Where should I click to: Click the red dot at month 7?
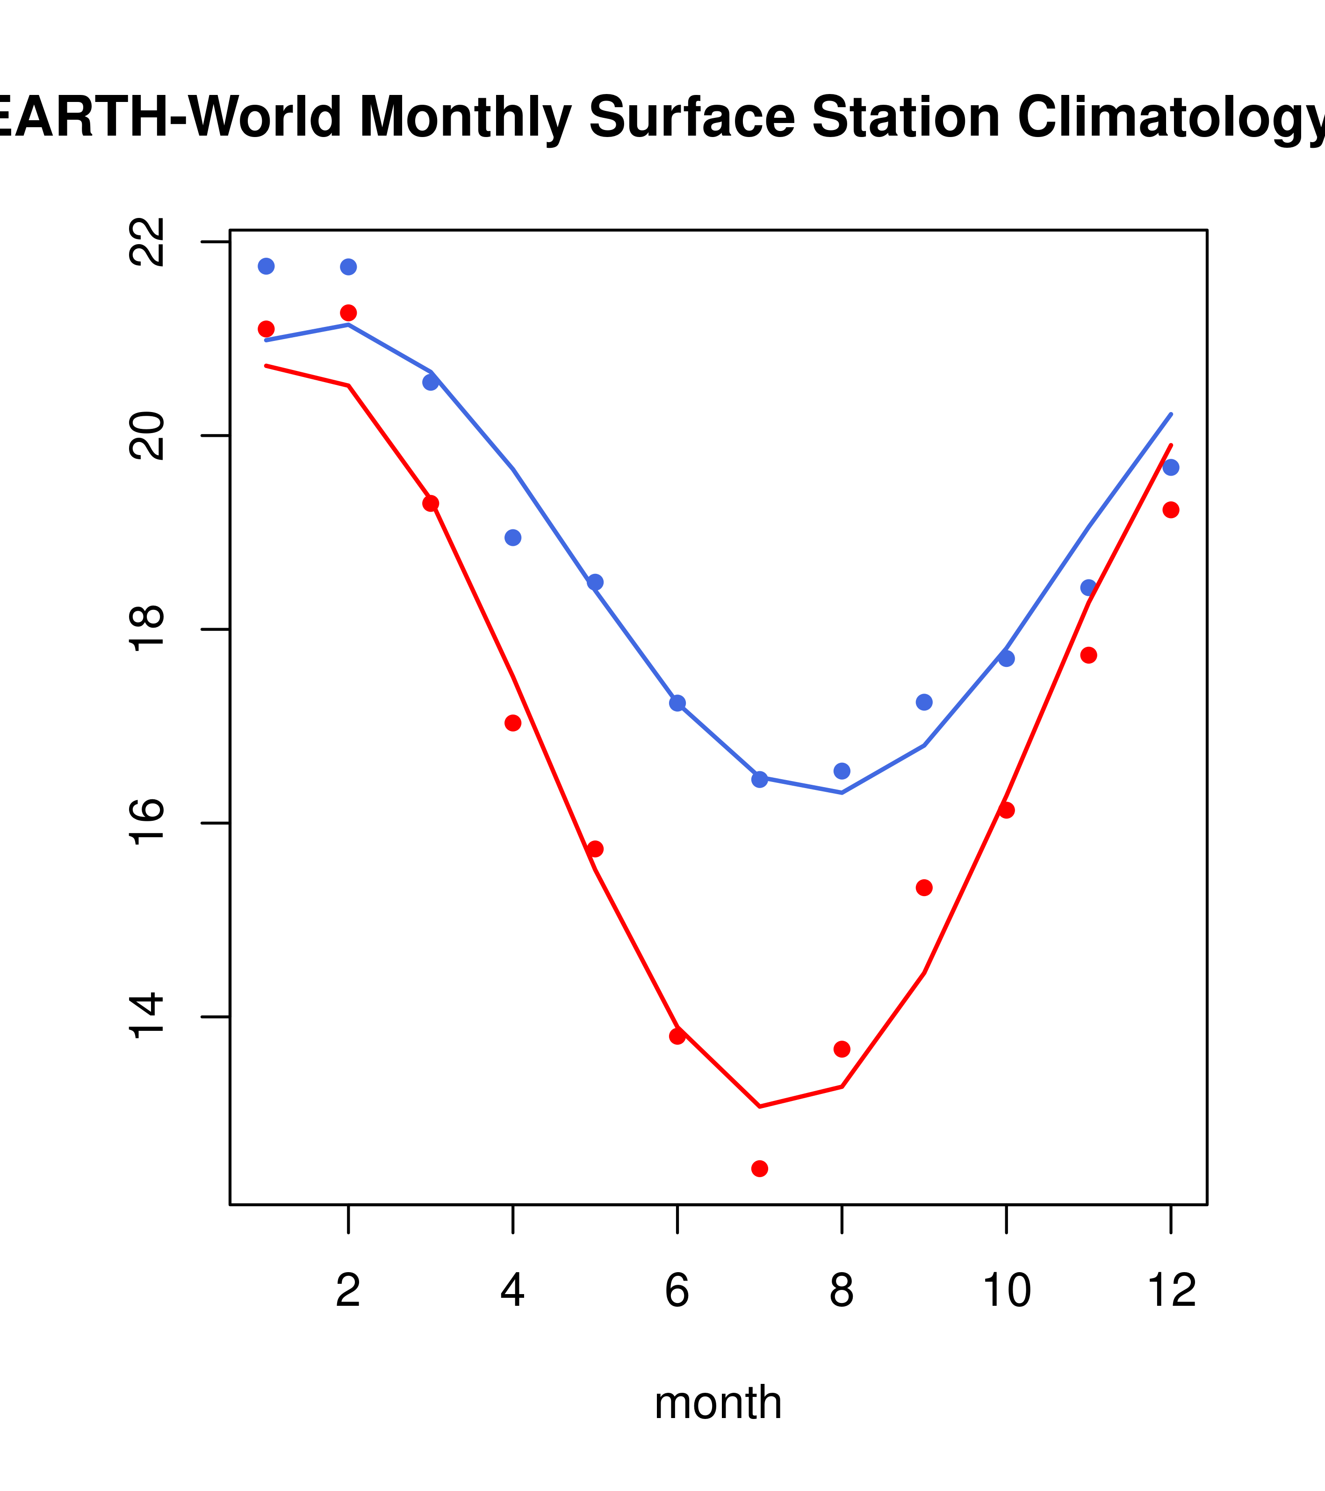pyautogui.click(x=759, y=1169)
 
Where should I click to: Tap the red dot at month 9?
pyautogui.click(x=924, y=888)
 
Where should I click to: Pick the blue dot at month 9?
pyautogui.click(x=924, y=702)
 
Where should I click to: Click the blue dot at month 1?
pyautogui.click(x=266, y=266)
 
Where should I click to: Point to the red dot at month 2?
pyautogui.click(x=349, y=313)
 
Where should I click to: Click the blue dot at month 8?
pyautogui.click(x=842, y=771)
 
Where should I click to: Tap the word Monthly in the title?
pyautogui.click(x=465, y=118)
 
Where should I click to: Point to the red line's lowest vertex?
pyautogui.click(x=759, y=1107)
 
